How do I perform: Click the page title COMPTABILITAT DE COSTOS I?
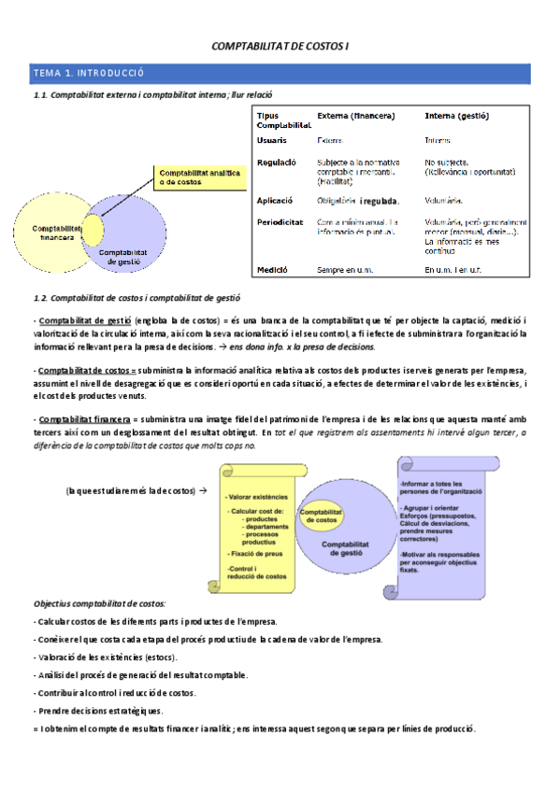(x=280, y=46)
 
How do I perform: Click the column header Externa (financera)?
(x=356, y=117)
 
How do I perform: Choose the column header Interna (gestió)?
(x=456, y=117)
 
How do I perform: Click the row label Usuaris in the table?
(x=272, y=140)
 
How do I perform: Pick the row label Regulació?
(x=277, y=162)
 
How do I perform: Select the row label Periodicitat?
(x=280, y=222)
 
